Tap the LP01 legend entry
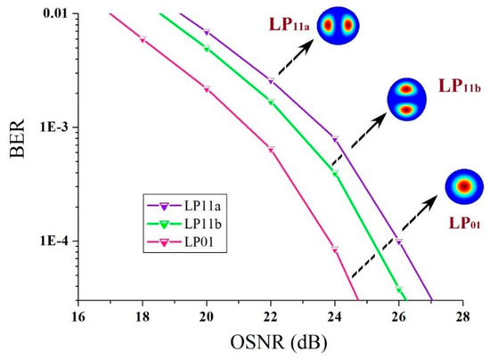click(x=181, y=238)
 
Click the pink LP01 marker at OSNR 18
click(x=143, y=39)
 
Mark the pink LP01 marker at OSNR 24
click(x=335, y=249)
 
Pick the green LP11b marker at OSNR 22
click(x=271, y=102)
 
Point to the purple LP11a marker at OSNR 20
click(x=207, y=32)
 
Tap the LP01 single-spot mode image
click(x=463, y=186)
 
